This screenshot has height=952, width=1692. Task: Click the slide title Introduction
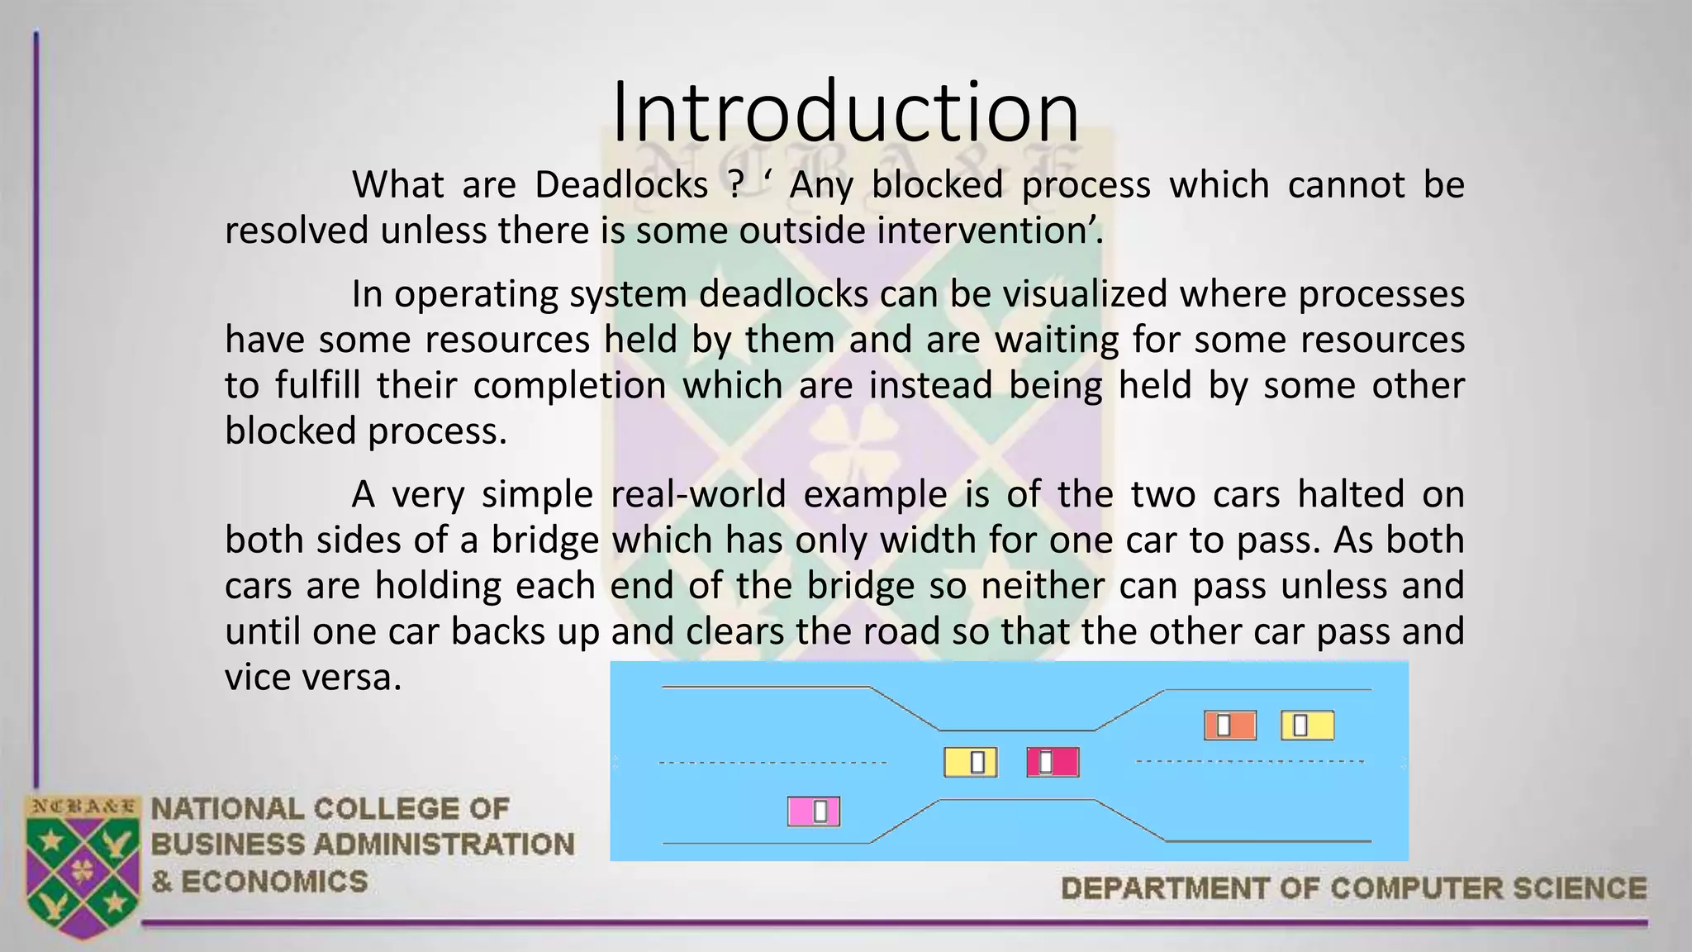845,112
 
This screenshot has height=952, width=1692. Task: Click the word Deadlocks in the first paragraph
621,184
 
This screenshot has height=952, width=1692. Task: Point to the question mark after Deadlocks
735,184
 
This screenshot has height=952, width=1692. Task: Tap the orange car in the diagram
1229,725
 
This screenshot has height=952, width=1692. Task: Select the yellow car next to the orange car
1307,725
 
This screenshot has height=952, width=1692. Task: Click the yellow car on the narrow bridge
970,762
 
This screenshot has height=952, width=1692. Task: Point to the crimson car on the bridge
1053,762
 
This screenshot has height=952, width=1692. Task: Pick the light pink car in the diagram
813,812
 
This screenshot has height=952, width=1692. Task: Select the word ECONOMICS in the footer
273,882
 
